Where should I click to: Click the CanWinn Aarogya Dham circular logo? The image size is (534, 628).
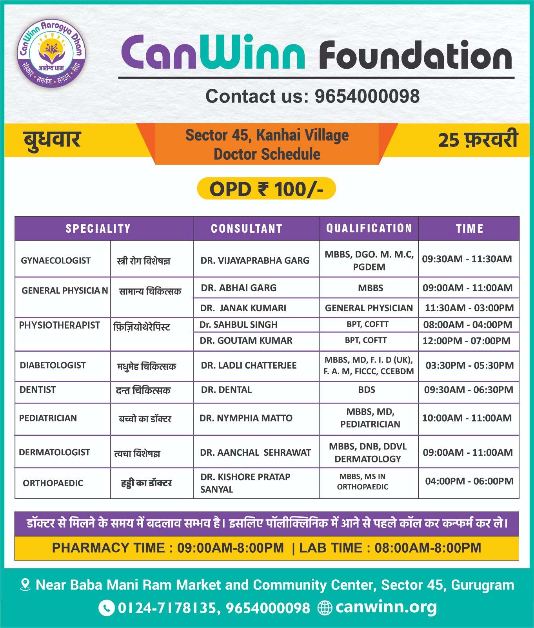[51, 53]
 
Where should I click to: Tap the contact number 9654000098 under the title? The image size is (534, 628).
[367, 97]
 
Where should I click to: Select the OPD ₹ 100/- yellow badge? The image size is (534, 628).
[266, 189]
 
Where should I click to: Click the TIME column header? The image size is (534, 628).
[469, 228]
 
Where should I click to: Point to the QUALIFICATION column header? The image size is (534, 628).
[369, 228]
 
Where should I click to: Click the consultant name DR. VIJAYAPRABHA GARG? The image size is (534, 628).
[255, 260]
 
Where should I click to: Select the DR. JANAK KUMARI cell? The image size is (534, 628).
[243, 308]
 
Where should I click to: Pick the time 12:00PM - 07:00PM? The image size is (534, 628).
[467, 341]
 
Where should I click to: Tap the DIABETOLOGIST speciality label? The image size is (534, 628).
[53, 365]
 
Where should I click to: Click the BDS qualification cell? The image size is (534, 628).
[367, 390]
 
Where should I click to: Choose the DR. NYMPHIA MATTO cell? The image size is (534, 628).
[246, 418]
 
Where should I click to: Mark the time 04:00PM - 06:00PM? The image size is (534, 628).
[469, 481]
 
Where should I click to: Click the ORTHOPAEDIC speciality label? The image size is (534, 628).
[53, 483]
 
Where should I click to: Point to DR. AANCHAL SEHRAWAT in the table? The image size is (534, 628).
[255, 453]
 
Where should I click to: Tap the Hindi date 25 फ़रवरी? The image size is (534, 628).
[478, 140]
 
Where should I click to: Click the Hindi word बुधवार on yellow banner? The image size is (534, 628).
[52, 140]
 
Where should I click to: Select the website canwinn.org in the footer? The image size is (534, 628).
[386, 607]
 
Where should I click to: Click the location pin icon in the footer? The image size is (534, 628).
[25, 585]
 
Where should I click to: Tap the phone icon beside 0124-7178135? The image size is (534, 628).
[106, 608]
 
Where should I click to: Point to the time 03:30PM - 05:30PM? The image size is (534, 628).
[470, 365]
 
